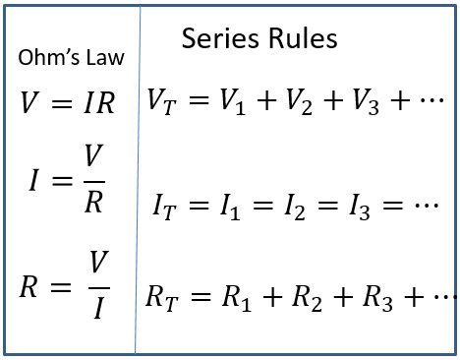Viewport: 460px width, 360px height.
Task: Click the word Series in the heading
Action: click(x=220, y=38)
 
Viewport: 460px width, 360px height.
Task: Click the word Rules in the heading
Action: click(x=303, y=38)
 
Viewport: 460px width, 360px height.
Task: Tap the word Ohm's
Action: click(x=48, y=57)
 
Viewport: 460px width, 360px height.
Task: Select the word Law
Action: click(x=105, y=57)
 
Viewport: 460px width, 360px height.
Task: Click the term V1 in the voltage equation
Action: click(x=233, y=101)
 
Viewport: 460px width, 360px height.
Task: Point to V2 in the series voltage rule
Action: click(x=299, y=101)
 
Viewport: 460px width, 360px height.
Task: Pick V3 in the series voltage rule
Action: click(x=366, y=101)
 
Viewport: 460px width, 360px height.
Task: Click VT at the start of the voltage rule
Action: click(x=162, y=101)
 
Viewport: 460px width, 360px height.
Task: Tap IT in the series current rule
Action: click(x=164, y=207)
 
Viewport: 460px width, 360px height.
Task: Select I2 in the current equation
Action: click(x=295, y=207)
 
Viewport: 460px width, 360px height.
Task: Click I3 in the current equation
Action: click(x=360, y=207)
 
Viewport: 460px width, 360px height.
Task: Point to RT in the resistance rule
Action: click(x=162, y=298)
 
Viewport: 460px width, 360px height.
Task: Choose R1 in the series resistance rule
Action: click(x=237, y=298)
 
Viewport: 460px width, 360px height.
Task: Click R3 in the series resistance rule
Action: click(x=377, y=298)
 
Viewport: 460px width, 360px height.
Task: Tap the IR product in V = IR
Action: click(x=99, y=102)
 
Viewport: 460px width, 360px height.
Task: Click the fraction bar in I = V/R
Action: click(x=94, y=181)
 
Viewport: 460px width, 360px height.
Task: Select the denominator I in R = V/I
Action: click(x=99, y=308)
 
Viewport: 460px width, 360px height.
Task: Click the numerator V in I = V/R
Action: click(x=93, y=155)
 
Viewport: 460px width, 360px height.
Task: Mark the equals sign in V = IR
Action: click(x=62, y=103)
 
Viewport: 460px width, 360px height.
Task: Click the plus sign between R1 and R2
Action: click(x=272, y=297)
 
